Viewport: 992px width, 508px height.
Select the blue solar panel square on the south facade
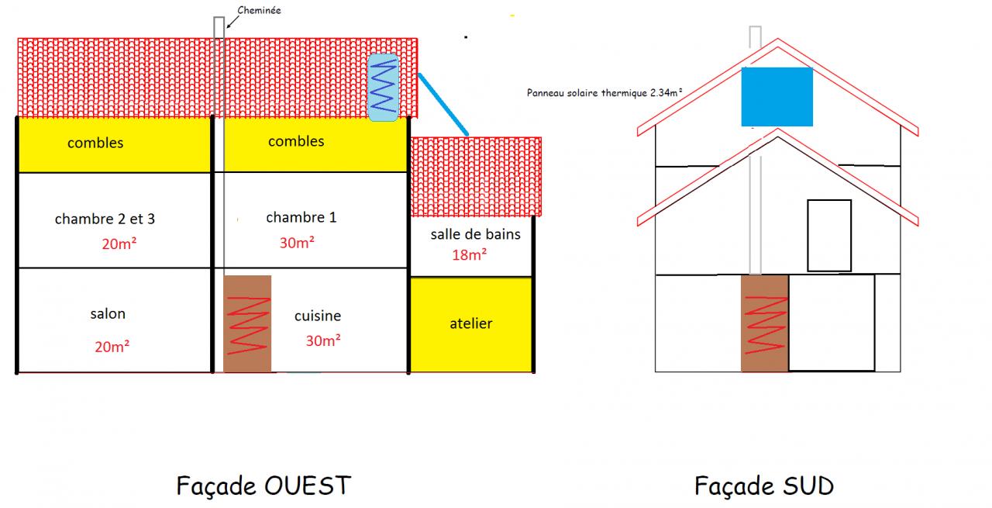tap(777, 97)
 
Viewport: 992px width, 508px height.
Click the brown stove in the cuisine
tap(247, 323)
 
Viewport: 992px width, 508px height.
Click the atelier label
tap(471, 323)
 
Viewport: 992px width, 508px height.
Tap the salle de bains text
tap(476, 234)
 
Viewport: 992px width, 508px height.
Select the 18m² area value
tap(470, 254)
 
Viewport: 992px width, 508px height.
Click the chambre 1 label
tap(301, 217)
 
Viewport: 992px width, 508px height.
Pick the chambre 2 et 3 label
tap(105, 219)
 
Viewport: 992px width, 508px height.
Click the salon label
tap(108, 314)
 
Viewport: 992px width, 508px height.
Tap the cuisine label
tap(318, 316)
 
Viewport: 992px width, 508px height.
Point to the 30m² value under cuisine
tap(323, 340)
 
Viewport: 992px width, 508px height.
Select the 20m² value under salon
tap(112, 347)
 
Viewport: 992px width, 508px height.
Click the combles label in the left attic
tap(95, 143)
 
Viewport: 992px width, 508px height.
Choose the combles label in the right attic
tap(296, 141)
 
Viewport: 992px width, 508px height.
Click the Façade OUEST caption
tap(263, 486)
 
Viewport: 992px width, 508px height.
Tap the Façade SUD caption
tap(763, 486)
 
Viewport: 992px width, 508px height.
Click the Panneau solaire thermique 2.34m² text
tap(604, 92)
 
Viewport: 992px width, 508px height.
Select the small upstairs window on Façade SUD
tap(829, 236)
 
